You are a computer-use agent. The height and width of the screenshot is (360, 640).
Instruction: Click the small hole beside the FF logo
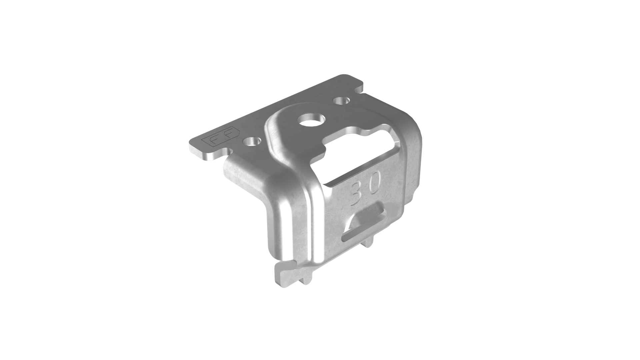[251, 141]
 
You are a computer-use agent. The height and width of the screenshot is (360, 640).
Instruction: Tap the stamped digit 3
[357, 193]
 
